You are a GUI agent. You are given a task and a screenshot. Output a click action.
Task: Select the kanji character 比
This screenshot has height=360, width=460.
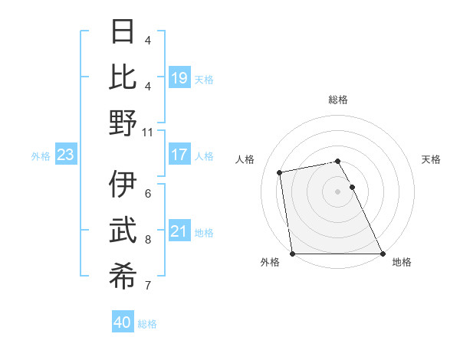123,77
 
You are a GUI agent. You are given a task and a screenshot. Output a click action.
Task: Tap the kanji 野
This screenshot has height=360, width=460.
123,123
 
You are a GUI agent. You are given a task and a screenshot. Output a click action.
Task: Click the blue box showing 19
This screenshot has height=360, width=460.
179,77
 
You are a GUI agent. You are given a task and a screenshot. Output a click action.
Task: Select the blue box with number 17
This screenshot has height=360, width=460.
179,155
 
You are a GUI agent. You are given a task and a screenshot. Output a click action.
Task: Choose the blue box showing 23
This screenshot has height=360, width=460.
65,155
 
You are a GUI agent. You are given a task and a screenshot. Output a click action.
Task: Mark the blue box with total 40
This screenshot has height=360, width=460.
123,322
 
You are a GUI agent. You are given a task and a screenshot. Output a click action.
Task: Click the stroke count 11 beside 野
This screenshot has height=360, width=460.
148,132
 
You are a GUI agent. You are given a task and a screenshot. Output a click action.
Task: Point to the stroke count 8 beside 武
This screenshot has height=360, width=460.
148,240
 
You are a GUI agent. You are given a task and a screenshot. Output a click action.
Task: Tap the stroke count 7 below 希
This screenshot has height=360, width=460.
148,286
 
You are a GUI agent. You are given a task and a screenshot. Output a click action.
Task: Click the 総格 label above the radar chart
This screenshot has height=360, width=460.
338,100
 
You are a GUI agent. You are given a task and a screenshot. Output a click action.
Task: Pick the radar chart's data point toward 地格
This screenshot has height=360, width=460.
382,254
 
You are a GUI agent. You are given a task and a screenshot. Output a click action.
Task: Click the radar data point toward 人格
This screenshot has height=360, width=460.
280,172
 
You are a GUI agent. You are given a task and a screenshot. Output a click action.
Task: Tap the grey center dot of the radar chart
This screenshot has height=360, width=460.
338,191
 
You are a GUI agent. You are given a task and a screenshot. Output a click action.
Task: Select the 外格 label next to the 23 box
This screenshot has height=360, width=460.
41,156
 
